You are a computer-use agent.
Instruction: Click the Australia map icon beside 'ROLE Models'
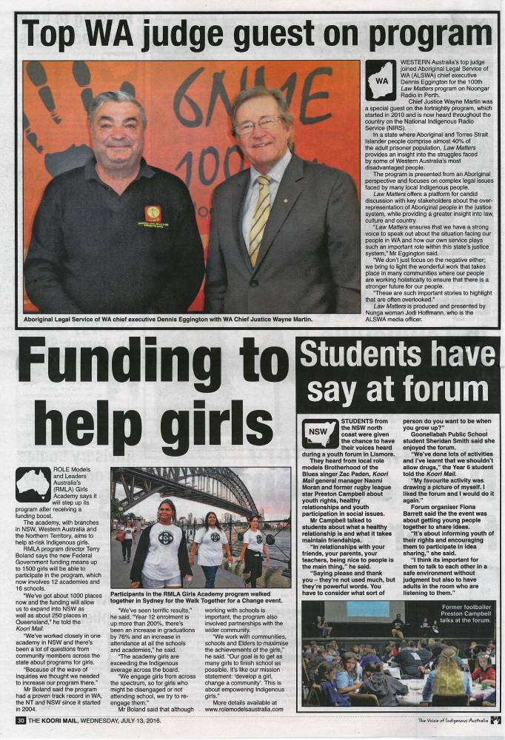(33, 484)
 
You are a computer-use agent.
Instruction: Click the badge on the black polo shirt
(154, 215)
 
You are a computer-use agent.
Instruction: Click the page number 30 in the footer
(21, 720)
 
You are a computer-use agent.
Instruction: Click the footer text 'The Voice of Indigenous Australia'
(452, 720)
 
